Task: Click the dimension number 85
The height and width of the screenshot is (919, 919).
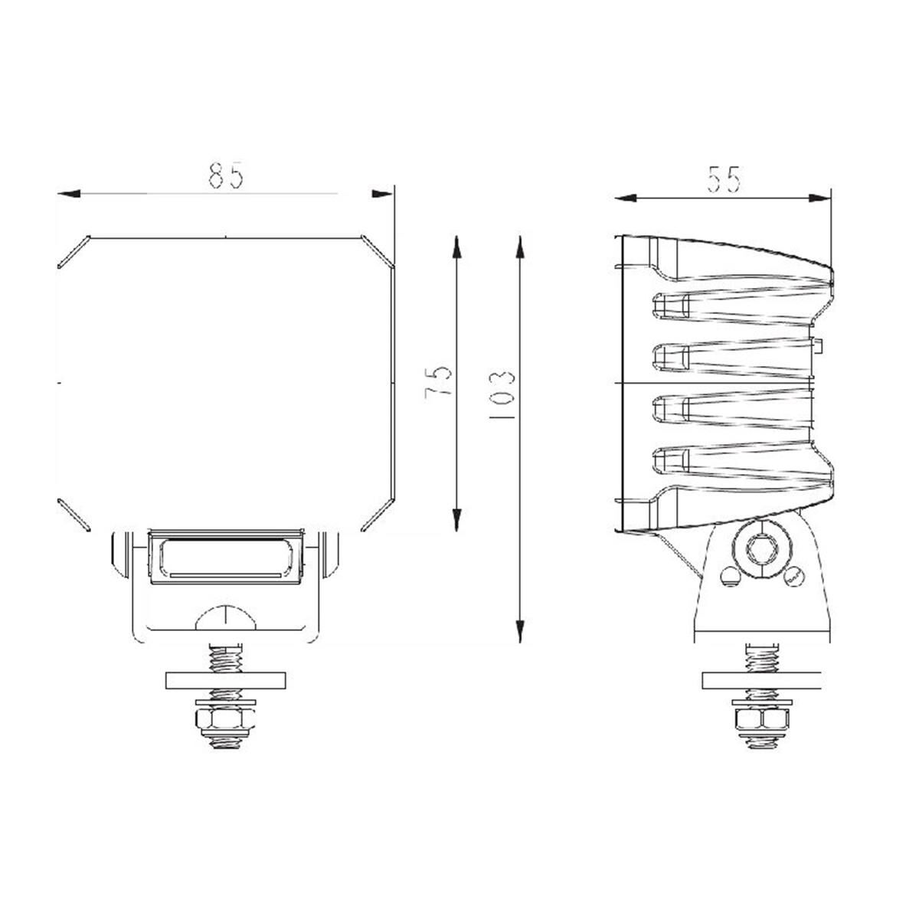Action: [x=226, y=175]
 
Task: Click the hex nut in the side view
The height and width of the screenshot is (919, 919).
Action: [x=759, y=720]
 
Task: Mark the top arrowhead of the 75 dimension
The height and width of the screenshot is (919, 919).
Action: [x=456, y=247]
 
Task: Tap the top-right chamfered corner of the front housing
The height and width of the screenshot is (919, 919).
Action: [x=378, y=252]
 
